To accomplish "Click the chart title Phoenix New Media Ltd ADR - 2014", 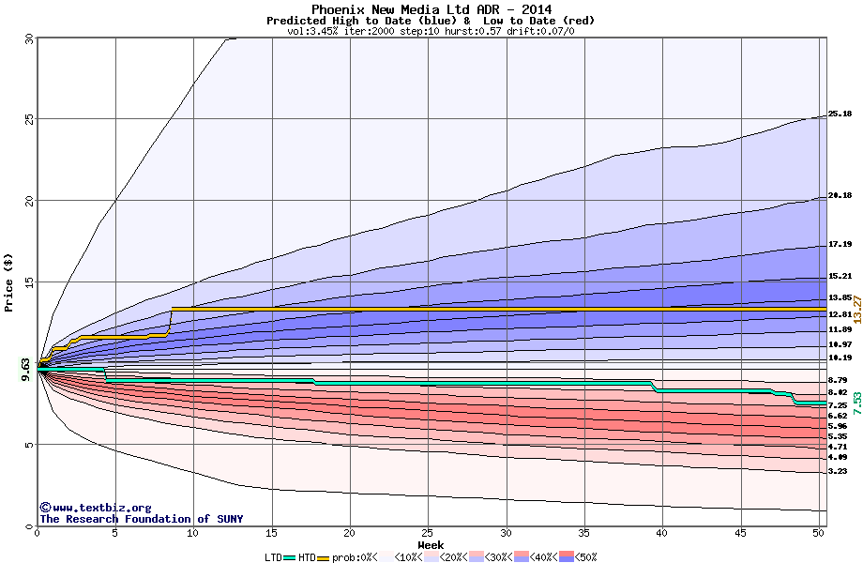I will click(431, 9).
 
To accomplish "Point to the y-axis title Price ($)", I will click(8, 282).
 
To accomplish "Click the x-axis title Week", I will click(431, 544).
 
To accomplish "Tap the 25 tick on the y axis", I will click(28, 119).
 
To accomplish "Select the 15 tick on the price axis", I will click(28, 281).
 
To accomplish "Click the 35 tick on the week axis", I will click(584, 533).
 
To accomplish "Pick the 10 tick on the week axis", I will click(193, 533).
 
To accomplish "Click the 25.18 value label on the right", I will click(840, 114).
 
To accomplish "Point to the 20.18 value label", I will click(840, 195).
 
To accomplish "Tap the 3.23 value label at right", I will click(840, 471).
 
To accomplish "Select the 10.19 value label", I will click(840, 358).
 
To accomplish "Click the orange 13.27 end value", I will click(856, 310).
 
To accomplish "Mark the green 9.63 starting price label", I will click(26, 370).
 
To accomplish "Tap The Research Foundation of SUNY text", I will click(141, 519).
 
